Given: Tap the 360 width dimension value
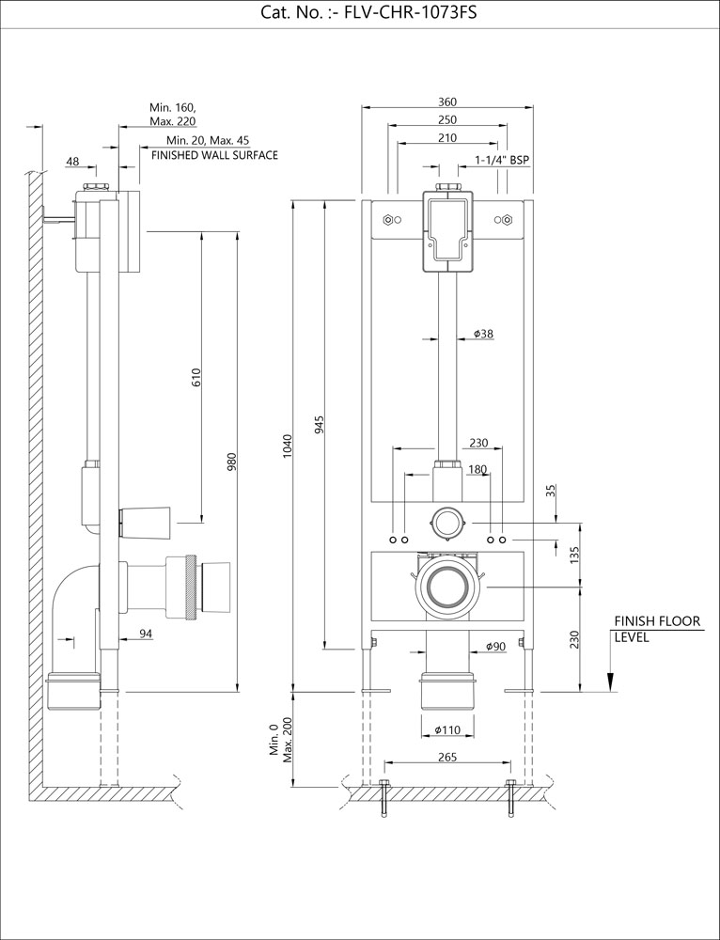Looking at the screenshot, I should (447, 102).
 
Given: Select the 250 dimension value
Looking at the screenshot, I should (447, 119).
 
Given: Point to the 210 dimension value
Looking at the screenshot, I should (447, 138).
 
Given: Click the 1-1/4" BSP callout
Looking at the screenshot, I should (502, 160).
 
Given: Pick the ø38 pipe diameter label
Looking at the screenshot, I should (484, 334).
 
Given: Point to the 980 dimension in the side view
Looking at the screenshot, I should (231, 462).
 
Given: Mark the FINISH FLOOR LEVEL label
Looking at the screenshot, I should (657, 629).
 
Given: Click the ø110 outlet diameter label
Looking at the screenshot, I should (447, 729).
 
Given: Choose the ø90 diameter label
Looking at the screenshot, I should (496, 646).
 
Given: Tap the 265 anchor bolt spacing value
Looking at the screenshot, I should (447, 757).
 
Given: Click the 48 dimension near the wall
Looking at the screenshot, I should (73, 162).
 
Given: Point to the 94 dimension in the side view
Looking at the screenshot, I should (146, 634).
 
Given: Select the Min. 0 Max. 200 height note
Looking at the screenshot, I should (281, 738).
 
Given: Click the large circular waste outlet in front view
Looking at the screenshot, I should (447, 588).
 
